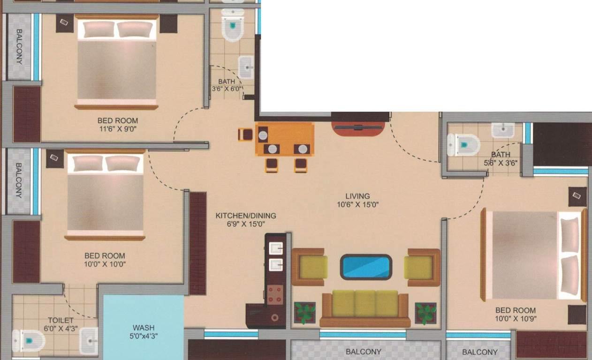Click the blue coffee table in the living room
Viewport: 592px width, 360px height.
coord(366,267)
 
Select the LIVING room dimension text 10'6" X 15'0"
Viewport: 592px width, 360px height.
coord(358,205)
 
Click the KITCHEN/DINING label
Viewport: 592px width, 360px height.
coord(246,216)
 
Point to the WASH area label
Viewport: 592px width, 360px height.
coord(144,328)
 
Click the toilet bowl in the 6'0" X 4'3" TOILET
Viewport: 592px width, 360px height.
coord(29,341)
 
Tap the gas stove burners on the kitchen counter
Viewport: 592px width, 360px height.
coord(275,295)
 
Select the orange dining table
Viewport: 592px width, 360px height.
coord(285,139)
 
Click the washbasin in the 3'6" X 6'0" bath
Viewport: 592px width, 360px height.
coord(246,67)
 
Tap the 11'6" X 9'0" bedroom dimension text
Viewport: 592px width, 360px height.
coord(118,129)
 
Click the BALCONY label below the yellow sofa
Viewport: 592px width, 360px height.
coord(364,352)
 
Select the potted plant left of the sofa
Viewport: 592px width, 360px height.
coord(305,313)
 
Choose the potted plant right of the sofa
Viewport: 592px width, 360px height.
coord(425,314)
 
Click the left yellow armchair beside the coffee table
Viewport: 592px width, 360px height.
coord(310,267)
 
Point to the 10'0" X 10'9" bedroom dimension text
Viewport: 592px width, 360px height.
coord(516,319)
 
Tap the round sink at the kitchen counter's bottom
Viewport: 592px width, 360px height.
coord(274,317)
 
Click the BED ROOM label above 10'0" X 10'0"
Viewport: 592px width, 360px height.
coord(105,255)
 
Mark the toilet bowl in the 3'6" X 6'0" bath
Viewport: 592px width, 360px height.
coord(233,25)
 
